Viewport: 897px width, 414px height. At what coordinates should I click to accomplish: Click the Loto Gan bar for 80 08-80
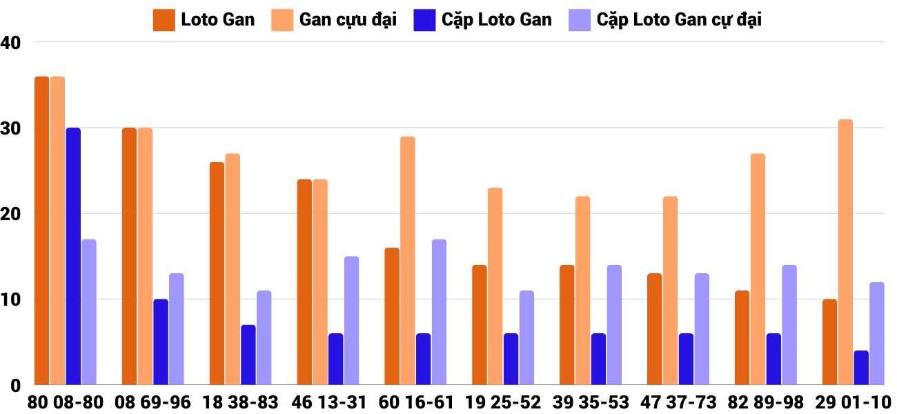41,230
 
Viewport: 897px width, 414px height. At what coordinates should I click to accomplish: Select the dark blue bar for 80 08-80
73,256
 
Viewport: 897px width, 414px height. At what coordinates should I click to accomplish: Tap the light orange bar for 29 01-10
845,252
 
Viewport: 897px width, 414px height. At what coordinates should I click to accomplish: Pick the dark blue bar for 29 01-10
861,368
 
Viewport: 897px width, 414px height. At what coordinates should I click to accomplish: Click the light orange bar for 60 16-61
408,261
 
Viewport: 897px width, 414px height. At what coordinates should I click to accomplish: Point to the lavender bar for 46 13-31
352,321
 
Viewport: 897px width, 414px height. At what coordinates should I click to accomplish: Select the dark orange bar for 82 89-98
742,338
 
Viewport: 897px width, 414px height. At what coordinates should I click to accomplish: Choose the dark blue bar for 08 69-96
161,342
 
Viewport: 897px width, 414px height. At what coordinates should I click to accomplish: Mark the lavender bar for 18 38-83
264,338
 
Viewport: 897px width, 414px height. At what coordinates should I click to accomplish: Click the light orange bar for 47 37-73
670,290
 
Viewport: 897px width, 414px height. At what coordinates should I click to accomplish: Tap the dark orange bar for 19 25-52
480,325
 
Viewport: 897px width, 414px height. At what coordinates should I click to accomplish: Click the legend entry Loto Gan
204,20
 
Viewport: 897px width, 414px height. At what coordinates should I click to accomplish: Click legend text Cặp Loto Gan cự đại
678,20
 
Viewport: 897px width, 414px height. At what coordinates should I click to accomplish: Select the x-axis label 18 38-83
240,402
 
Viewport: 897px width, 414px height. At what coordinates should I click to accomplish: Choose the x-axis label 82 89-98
766,402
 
